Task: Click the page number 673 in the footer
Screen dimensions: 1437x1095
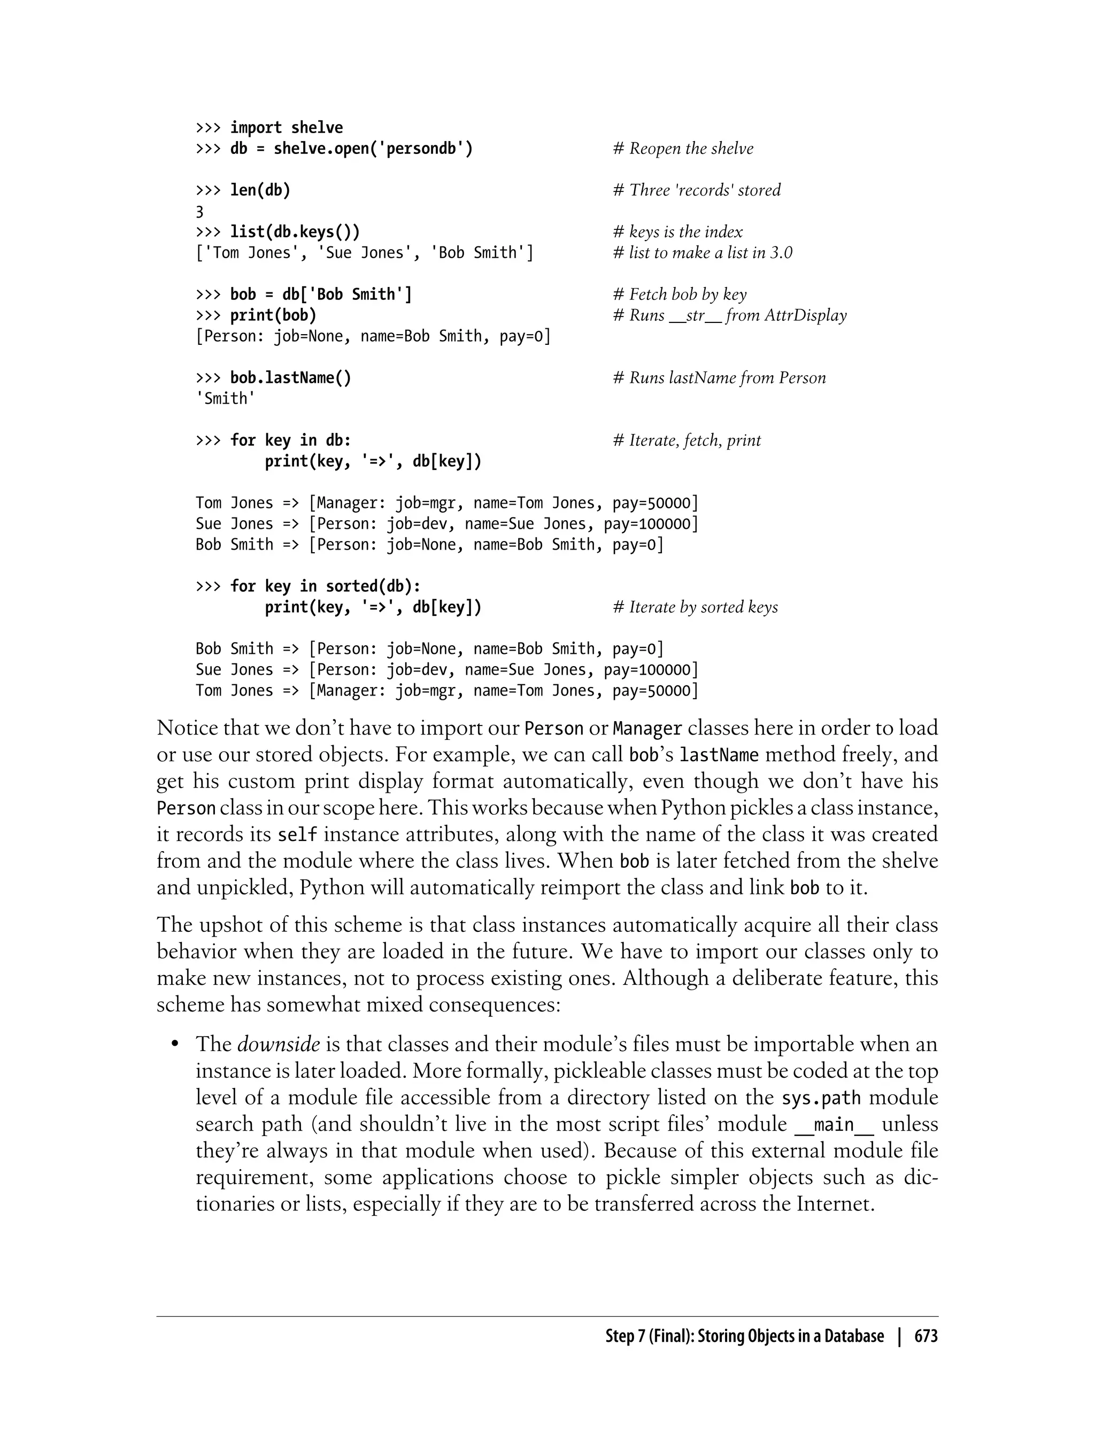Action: tap(926, 1336)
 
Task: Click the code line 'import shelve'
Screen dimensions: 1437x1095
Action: tap(286, 128)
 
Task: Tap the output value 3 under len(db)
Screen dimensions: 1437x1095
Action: tap(199, 212)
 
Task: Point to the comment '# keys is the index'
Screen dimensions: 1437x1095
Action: tap(677, 232)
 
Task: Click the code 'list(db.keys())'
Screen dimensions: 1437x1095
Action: tap(295, 232)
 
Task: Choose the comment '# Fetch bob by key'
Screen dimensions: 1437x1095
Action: tap(679, 295)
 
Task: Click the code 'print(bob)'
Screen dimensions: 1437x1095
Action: tap(273, 315)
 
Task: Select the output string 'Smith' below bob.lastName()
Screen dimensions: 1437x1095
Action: tap(226, 398)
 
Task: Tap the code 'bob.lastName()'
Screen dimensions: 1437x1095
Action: tap(291, 378)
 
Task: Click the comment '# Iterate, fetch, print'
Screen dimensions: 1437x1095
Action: tap(687, 441)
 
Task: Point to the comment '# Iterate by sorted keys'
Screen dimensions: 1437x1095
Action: tap(695, 607)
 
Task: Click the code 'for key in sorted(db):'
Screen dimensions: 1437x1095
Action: tap(325, 586)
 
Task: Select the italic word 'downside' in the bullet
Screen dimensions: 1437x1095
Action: tap(279, 1044)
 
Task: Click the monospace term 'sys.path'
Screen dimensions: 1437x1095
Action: tap(821, 1098)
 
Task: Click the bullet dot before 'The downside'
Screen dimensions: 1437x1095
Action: tap(175, 1045)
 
